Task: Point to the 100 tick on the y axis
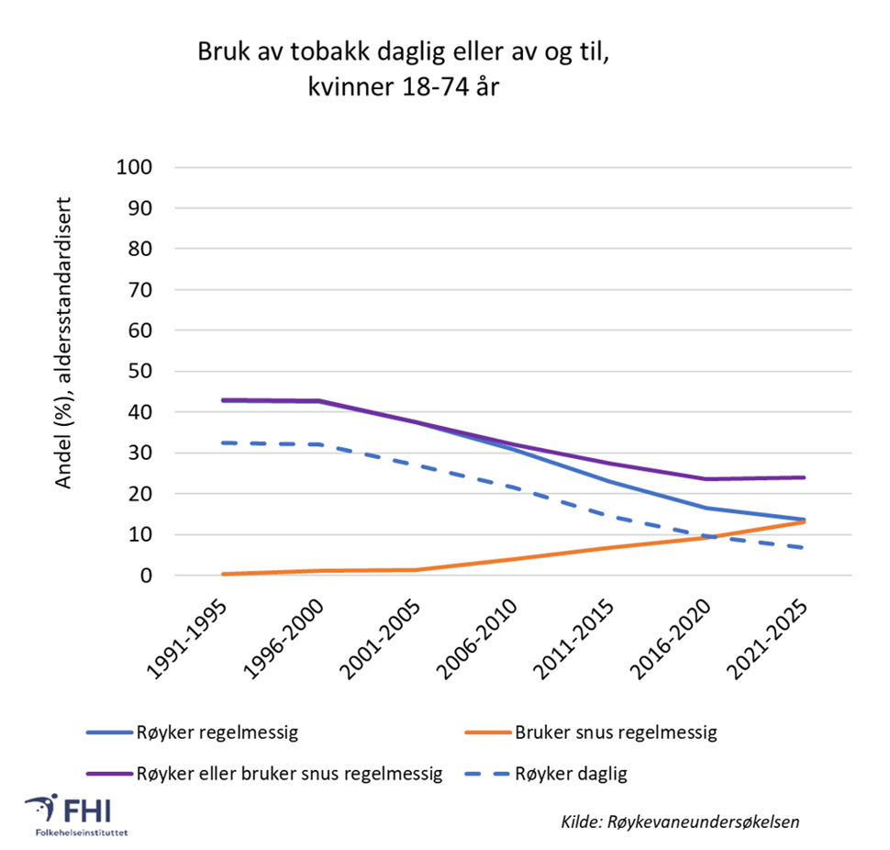(136, 168)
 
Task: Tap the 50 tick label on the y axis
(140, 372)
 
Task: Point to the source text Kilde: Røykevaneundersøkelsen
(680, 822)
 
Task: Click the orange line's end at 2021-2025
(805, 521)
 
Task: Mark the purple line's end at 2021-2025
(805, 477)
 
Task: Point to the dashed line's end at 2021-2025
(805, 548)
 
